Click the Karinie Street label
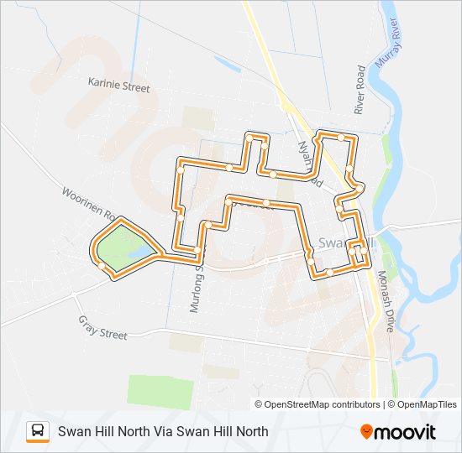click(x=118, y=86)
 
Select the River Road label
click(x=360, y=90)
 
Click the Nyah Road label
click(x=310, y=162)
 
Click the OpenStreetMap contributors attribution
click(x=318, y=404)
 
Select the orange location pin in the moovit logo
click(x=367, y=432)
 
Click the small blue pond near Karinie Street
click(x=226, y=64)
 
